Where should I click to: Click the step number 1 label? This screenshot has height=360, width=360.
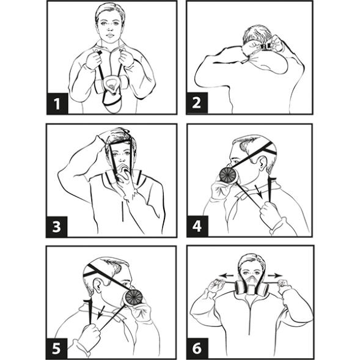click(57, 103)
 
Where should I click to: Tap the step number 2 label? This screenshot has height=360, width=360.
click(197, 103)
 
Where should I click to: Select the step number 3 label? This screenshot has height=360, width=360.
click(57, 227)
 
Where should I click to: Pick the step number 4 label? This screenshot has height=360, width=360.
click(197, 226)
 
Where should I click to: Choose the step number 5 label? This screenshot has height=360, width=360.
click(56, 348)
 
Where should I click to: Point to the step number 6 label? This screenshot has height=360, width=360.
click(197, 348)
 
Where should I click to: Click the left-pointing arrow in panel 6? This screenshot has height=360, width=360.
click(226, 276)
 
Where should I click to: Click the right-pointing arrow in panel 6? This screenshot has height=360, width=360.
click(275, 275)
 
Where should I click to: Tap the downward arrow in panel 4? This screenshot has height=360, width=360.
click(259, 192)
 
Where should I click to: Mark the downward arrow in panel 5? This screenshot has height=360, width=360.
click(100, 312)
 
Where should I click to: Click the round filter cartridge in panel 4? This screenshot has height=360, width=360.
click(228, 175)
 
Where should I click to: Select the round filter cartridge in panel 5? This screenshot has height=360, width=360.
click(134, 297)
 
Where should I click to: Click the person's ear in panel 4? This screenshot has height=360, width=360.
click(262, 163)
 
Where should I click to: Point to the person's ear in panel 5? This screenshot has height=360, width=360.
click(97, 285)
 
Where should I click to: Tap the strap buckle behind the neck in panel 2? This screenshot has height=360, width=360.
click(265, 46)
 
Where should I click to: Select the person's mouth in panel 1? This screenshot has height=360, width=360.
click(110, 35)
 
